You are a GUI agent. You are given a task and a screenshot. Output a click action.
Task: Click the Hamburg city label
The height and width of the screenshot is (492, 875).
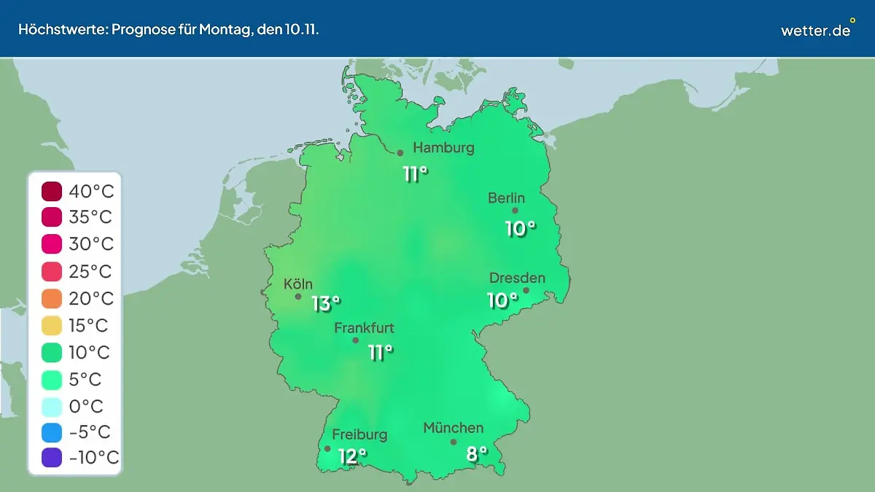(x=443, y=148)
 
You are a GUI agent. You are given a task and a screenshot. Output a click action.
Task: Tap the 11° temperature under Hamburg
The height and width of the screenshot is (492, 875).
(x=415, y=174)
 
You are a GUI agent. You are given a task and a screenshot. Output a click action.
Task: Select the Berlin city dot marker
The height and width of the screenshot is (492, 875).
(x=515, y=211)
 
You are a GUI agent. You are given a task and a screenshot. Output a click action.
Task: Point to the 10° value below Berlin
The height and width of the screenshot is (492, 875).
(x=521, y=229)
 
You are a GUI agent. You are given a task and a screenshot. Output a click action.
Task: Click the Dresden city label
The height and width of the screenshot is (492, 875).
(x=517, y=278)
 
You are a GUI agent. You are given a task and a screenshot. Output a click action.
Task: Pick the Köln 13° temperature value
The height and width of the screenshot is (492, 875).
(x=326, y=303)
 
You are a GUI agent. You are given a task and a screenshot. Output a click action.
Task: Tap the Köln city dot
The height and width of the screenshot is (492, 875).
(x=298, y=297)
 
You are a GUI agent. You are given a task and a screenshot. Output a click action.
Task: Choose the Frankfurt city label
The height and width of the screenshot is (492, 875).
(x=364, y=328)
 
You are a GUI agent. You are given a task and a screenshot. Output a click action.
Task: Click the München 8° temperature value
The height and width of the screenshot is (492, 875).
(x=476, y=454)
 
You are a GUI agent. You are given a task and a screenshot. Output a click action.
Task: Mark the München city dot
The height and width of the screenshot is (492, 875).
(x=454, y=442)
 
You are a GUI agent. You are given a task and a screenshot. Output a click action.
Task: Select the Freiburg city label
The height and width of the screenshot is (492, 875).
(x=359, y=435)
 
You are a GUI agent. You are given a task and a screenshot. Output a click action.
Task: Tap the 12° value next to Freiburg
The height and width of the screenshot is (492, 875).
(x=352, y=457)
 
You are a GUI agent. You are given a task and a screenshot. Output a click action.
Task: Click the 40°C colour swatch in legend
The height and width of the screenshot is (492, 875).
(x=52, y=192)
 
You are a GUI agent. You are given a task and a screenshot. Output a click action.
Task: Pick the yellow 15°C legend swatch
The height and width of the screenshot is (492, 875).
(x=52, y=326)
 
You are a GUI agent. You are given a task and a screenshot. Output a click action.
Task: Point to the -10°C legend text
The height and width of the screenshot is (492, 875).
(x=93, y=458)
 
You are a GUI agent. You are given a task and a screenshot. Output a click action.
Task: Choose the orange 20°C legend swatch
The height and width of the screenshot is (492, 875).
(x=52, y=299)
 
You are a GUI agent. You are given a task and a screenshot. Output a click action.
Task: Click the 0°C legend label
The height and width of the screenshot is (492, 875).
(x=86, y=406)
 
